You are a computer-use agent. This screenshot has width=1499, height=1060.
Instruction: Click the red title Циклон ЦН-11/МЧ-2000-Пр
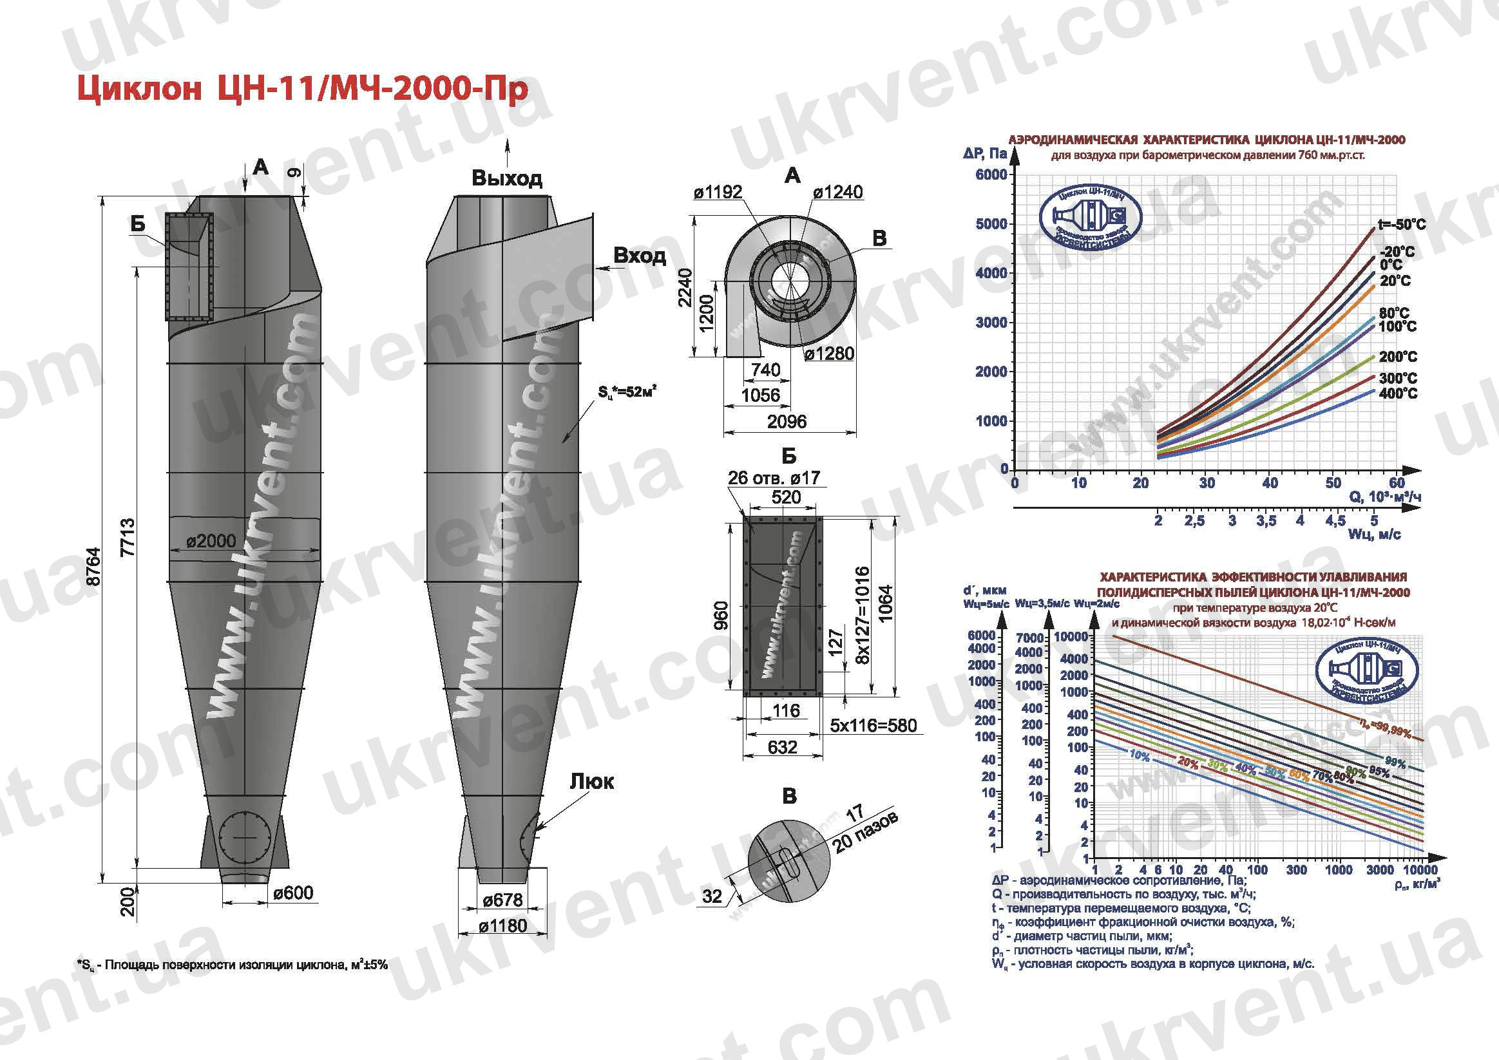point(302,90)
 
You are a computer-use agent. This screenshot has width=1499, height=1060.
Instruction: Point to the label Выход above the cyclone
point(506,178)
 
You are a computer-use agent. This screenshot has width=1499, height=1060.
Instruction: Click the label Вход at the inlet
point(639,256)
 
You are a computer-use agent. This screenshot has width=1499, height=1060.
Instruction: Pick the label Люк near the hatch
point(592,781)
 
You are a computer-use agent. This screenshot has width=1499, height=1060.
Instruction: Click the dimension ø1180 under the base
point(502,925)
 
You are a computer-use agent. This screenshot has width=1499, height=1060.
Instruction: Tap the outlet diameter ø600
point(293,893)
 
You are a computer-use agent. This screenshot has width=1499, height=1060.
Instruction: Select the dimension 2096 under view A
point(786,421)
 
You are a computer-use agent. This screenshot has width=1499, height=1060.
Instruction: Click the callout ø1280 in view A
point(829,354)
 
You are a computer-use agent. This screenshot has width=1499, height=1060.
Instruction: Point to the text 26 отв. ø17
point(774,478)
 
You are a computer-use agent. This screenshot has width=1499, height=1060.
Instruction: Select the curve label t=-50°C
point(1402,225)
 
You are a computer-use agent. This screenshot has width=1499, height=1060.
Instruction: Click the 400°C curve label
point(1398,393)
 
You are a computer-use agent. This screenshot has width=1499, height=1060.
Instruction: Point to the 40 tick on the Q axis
point(1269,483)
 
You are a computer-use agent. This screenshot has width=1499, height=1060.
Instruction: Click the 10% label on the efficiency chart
point(1139,755)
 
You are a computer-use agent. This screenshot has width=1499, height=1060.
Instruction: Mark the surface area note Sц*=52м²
point(627,392)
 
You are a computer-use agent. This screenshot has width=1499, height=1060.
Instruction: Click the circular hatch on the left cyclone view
point(245,837)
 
